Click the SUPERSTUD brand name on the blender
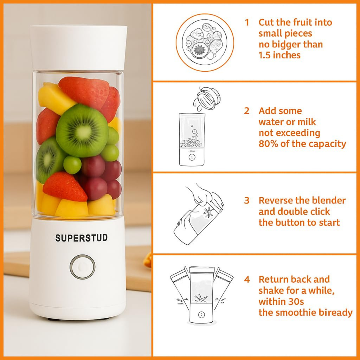(x=81, y=238)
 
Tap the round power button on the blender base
(x=82, y=267)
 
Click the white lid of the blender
(x=78, y=47)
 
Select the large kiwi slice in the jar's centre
(x=82, y=130)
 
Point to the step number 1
(x=247, y=22)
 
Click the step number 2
(x=247, y=111)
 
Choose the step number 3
(x=247, y=200)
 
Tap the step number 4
(x=247, y=279)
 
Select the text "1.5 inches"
(x=279, y=55)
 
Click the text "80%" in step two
(x=268, y=144)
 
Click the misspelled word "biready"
(x=334, y=313)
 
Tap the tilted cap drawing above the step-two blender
(x=207, y=96)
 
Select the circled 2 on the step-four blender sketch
(x=201, y=315)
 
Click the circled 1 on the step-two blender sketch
(x=191, y=157)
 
